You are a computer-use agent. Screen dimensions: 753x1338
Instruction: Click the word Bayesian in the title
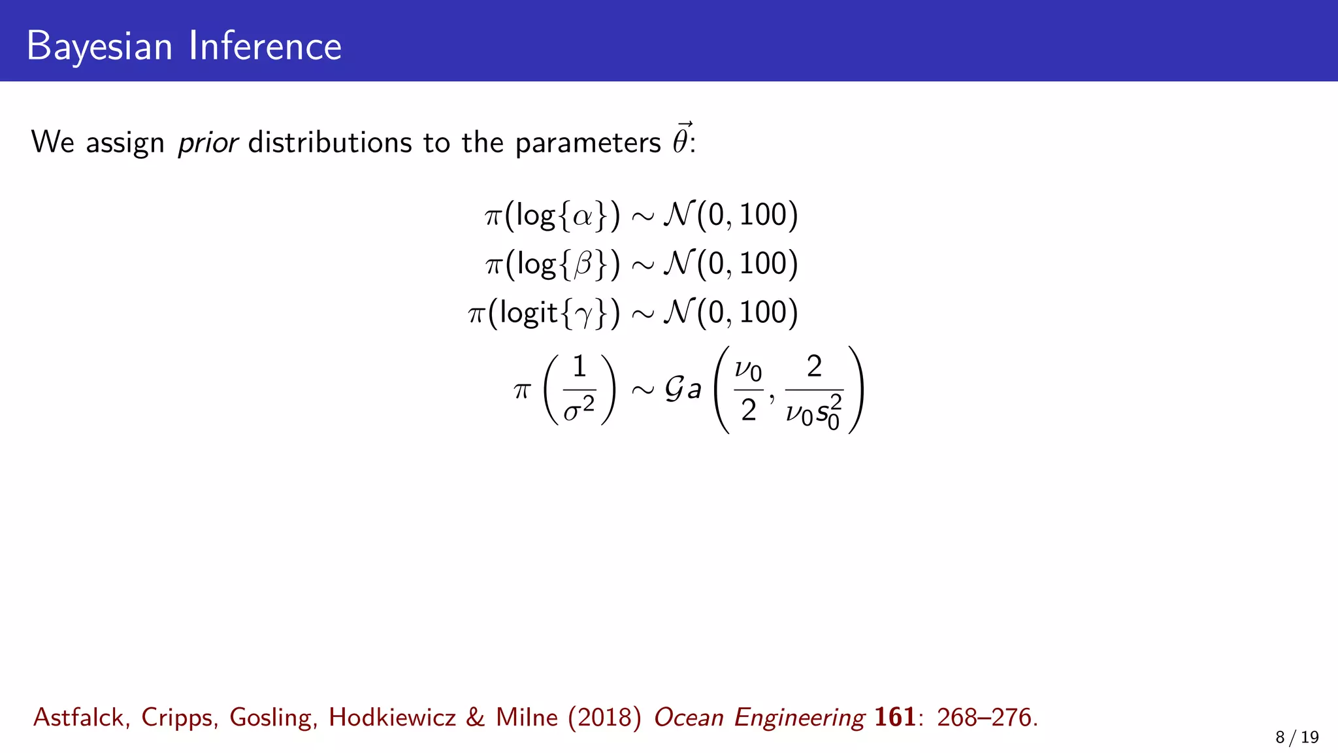99,46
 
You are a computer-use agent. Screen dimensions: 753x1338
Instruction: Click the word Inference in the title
265,46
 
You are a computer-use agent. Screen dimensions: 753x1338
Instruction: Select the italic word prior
208,142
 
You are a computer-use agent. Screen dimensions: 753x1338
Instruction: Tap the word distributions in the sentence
330,142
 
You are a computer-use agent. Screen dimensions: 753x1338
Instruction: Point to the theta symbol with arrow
681,140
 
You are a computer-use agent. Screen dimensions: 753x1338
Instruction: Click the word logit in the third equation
529,313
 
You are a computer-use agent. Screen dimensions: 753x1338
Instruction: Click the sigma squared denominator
579,410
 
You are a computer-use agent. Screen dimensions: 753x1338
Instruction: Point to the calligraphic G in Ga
674,389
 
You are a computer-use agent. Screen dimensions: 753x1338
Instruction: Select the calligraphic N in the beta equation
678,264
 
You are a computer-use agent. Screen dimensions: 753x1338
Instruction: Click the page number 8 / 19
1297,737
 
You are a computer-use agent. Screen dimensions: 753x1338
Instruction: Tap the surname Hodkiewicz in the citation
392,718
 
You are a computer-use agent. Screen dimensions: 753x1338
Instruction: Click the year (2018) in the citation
605,718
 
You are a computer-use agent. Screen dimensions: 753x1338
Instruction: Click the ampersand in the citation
476,718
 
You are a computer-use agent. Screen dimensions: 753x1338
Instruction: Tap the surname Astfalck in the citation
78,718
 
